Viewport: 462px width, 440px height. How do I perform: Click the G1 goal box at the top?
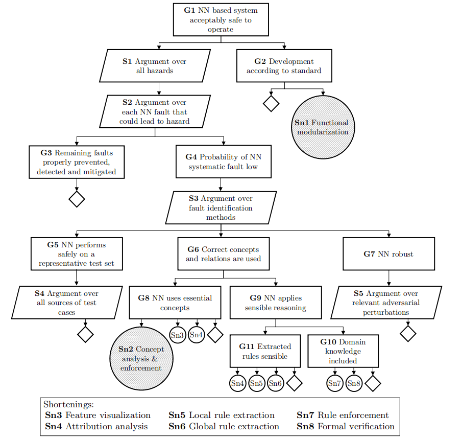pyautogui.click(x=221, y=20)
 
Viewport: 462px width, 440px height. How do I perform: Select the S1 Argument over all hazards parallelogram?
pyautogui.click(x=155, y=66)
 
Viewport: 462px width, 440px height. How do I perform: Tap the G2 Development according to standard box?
pyautogui.click(x=284, y=66)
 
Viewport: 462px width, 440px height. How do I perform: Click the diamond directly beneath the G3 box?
pyautogui.click(x=77, y=199)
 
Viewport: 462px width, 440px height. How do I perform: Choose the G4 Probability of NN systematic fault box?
pyautogui.click(x=223, y=161)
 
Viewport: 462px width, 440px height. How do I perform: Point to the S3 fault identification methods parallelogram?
pyautogui.click(x=221, y=207)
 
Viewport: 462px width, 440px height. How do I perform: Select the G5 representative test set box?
pyautogui.click(x=76, y=254)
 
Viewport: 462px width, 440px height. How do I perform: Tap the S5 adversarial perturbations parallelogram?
pyautogui.click(x=386, y=302)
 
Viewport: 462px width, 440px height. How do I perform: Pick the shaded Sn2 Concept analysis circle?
pyautogui.click(x=141, y=358)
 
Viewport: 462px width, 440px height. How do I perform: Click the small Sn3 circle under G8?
pyautogui.click(x=178, y=335)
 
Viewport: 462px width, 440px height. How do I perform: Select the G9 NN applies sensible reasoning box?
pyautogui.click(x=276, y=303)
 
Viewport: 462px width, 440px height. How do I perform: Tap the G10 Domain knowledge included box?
pyautogui.click(x=343, y=351)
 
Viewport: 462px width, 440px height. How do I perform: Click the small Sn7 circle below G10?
pyautogui.click(x=334, y=383)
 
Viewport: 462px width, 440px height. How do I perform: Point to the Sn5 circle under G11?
pyautogui.click(x=257, y=383)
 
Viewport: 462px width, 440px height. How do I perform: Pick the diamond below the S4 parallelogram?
pyautogui.click(x=85, y=334)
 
